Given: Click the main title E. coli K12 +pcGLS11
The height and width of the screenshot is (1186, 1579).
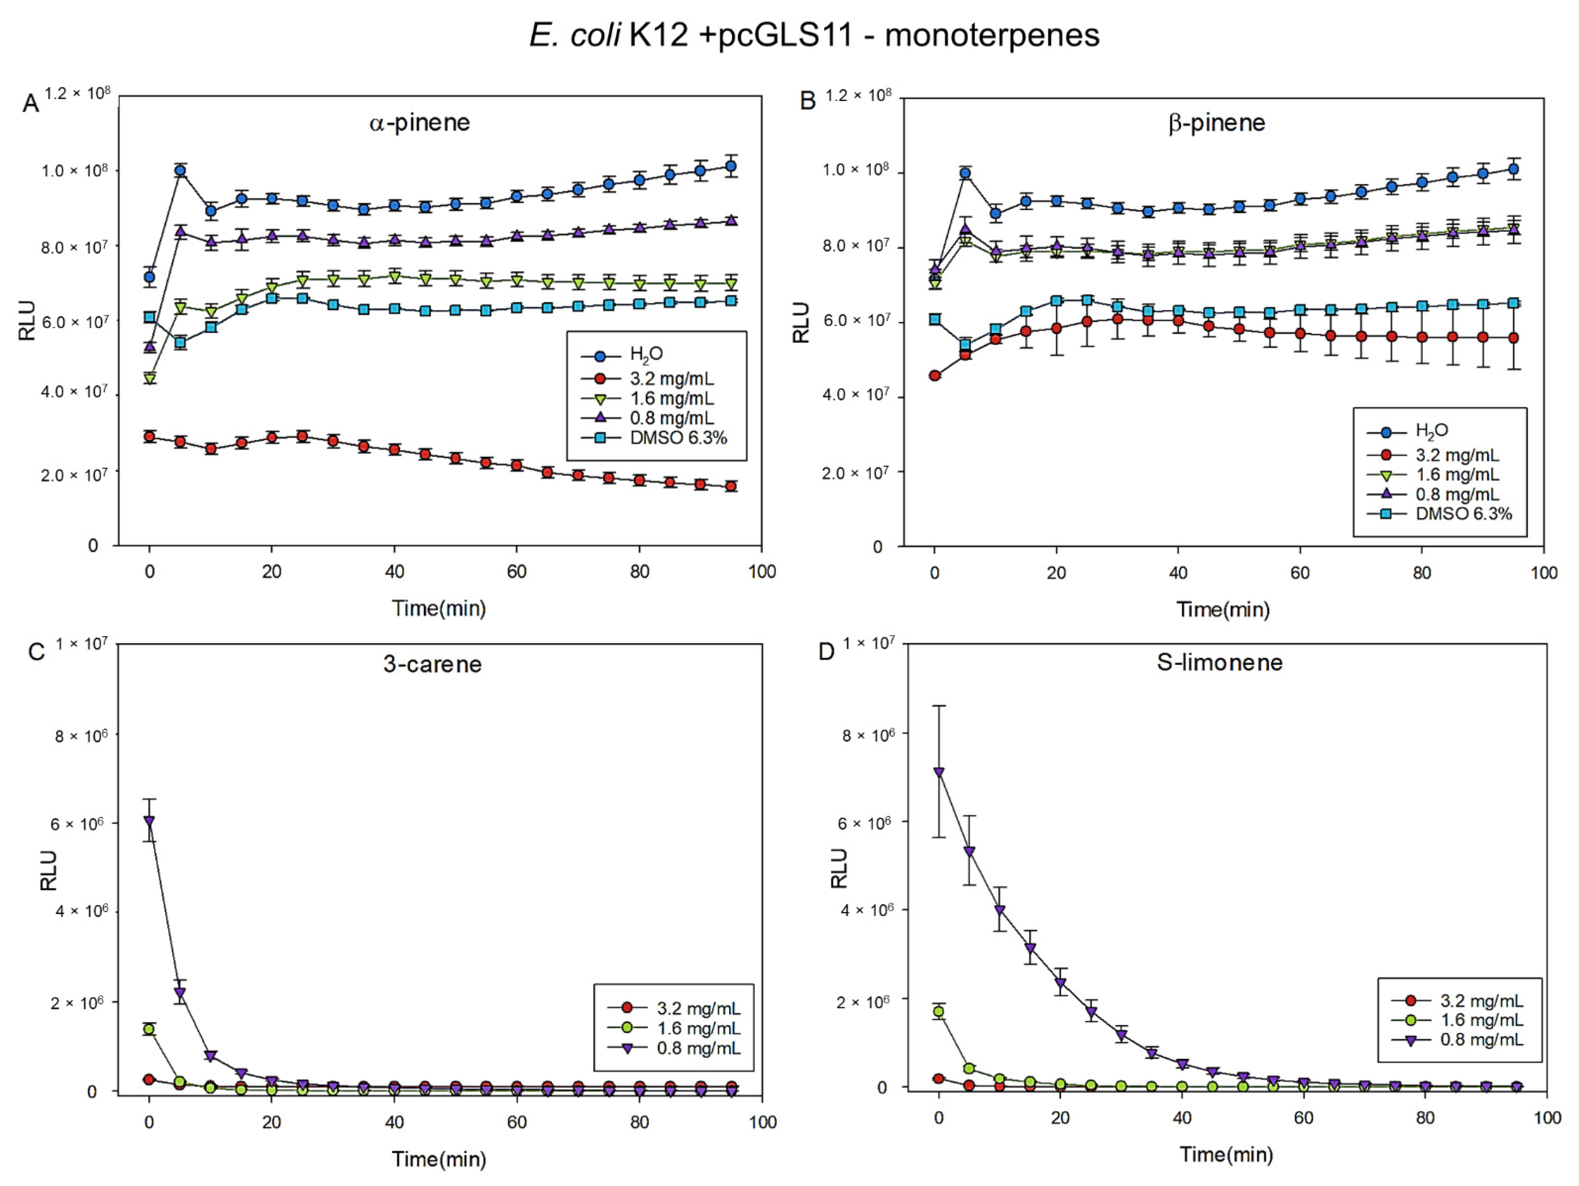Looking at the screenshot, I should [814, 35].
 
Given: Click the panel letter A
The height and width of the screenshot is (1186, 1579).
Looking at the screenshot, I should [30, 104].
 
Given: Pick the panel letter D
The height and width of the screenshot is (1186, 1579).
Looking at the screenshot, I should [826, 652].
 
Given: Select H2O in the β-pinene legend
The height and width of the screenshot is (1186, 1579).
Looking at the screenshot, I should [1431, 431].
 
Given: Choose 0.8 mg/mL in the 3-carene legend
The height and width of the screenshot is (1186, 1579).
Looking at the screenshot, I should [698, 1048].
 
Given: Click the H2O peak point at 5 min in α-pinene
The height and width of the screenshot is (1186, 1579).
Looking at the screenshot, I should [181, 171].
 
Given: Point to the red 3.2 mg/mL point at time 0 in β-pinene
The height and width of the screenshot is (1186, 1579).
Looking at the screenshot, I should [934, 376].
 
